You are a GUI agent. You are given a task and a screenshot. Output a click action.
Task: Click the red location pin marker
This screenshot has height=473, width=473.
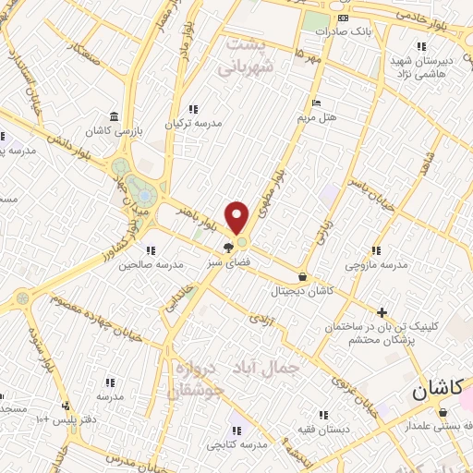point(238,218)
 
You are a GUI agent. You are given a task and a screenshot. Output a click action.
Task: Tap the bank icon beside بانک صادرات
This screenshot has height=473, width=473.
point(344,18)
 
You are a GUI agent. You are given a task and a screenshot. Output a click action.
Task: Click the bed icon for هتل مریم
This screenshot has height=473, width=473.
point(317,103)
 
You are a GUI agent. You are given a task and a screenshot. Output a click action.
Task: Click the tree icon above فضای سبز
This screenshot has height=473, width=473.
point(228,248)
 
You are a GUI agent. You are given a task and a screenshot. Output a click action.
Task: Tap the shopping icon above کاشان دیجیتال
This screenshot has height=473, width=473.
point(304,275)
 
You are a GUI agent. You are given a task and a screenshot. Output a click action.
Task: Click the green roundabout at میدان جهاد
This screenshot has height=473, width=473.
point(138,185)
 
